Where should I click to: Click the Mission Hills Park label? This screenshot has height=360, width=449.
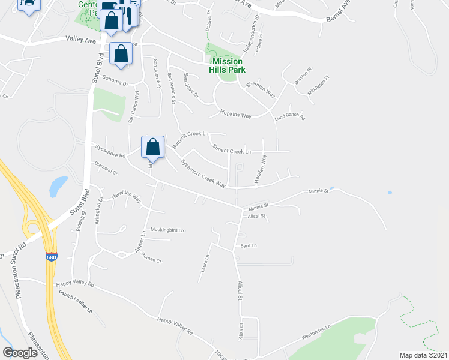[x=227, y=65]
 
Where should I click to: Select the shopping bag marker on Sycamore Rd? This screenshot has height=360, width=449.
[x=153, y=147]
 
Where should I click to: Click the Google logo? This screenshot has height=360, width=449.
[x=20, y=353]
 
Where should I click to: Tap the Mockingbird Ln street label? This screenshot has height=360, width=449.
[x=167, y=230]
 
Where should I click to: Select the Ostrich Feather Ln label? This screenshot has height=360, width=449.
[x=76, y=302]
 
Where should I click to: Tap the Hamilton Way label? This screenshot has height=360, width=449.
[x=126, y=196]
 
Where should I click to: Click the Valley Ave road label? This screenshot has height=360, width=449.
[x=82, y=40]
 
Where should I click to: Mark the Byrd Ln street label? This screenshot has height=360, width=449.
[x=248, y=245]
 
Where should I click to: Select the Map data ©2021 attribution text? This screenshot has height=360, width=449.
[x=423, y=355]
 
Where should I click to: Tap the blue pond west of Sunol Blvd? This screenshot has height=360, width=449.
[x=58, y=186]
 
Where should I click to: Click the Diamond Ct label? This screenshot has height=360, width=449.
[x=106, y=167]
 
